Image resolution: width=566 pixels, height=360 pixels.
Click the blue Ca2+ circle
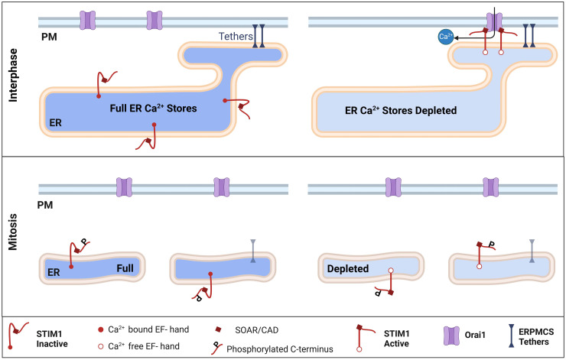pos(444,37)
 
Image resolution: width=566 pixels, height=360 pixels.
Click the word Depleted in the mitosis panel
pos(348,270)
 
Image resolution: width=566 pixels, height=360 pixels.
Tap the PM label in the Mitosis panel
pos(49,206)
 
